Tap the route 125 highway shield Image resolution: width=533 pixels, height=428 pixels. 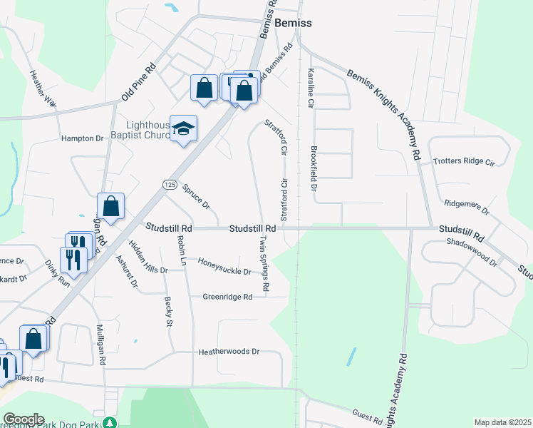(x=169, y=185)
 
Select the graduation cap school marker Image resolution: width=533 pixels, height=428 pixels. (x=183, y=128)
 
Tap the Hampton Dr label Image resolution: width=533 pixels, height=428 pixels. (x=83, y=138)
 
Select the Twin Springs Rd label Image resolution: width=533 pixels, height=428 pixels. (x=264, y=263)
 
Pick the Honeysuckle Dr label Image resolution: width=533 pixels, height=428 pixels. (x=224, y=271)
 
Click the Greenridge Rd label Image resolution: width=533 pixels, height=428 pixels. (x=227, y=297)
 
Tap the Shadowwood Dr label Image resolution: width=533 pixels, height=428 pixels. (x=471, y=252)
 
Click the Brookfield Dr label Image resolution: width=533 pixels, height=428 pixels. (x=312, y=169)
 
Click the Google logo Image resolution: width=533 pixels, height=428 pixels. (x=23, y=419)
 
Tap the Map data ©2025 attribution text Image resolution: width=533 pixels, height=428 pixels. (x=502, y=422)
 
